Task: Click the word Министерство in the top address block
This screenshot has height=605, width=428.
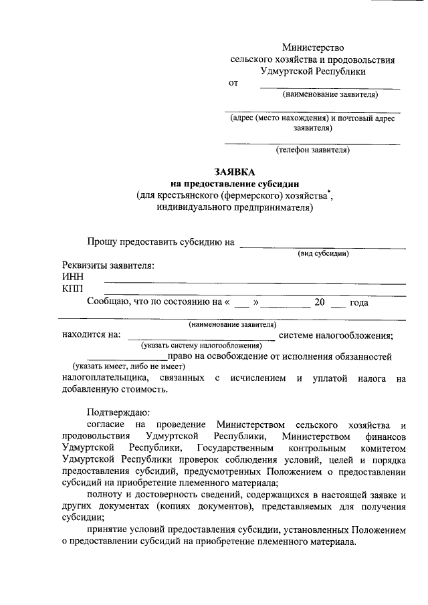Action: point(312,47)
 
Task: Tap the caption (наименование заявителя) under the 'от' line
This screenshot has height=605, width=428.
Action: point(330,94)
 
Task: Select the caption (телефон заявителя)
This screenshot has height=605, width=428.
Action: point(312,150)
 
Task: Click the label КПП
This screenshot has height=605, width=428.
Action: point(73,289)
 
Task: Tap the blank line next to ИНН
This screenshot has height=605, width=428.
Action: point(254,282)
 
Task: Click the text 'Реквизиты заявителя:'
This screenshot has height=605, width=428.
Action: point(108,265)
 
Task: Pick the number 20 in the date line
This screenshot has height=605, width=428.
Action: point(319,302)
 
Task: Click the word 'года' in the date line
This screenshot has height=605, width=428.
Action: point(359,302)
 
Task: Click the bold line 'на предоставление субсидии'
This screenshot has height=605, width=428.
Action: point(235,183)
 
